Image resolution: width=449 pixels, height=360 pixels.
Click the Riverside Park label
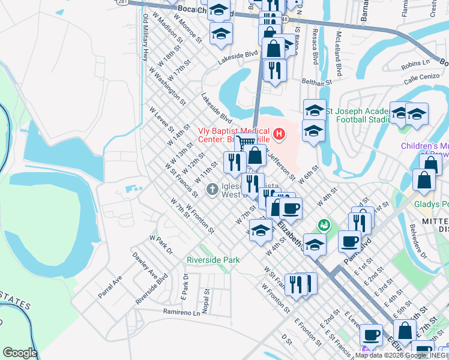[213, 260]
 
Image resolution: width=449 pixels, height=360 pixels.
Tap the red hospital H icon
[279, 133]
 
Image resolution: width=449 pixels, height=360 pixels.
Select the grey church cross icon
[212, 190]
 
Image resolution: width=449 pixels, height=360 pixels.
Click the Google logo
[19, 353]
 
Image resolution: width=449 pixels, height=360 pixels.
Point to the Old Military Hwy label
[145, 38]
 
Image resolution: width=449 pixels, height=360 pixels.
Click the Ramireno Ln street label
[181, 312]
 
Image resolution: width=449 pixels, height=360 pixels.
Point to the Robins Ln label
[416, 63]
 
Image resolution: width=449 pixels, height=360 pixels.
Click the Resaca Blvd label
[315, 49]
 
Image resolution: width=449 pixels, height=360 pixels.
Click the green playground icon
[324, 225]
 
